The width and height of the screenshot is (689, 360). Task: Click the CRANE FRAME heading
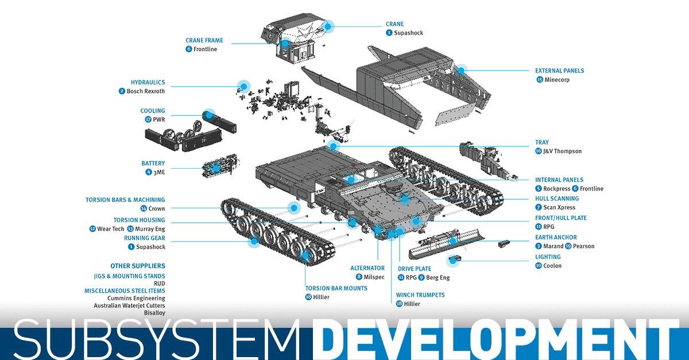click(x=204, y=41)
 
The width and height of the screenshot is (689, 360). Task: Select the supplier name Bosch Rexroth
click(x=145, y=91)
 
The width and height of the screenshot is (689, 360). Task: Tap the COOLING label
click(x=152, y=111)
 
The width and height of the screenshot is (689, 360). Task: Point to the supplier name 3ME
click(x=159, y=172)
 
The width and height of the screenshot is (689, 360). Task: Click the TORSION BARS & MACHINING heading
click(x=125, y=200)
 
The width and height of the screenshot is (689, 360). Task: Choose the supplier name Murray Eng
click(x=150, y=229)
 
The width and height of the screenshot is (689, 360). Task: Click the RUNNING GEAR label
click(x=144, y=238)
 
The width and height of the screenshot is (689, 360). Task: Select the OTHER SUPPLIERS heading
click(x=138, y=266)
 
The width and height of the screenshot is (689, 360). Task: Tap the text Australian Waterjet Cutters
click(x=129, y=305)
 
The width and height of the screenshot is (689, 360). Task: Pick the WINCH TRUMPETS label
click(x=420, y=295)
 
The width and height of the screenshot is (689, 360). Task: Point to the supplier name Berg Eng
click(x=438, y=278)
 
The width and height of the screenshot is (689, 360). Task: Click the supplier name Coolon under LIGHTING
click(x=552, y=266)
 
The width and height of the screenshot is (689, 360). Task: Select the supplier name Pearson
click(x=583, y=246)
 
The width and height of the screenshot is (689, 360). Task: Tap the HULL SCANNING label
click(x=557, y=199)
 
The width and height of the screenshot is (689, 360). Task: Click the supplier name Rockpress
click(x=556, y=189)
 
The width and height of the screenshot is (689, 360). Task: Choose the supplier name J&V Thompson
click(x=563, y=152)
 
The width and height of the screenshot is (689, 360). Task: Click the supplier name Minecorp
click(x=557, y=80)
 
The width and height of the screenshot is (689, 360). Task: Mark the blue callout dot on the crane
click(x=328, y=26)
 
